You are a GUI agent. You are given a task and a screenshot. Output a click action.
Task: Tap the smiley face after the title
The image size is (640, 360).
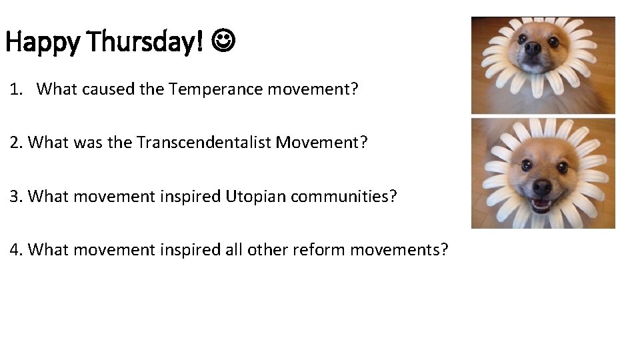point(224,41)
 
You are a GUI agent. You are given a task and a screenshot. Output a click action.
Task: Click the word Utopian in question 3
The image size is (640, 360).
point(251,196)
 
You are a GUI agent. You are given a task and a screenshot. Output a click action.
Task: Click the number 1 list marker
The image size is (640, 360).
point(15,89)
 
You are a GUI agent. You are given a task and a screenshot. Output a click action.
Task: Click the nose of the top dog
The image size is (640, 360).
point(532,49)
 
